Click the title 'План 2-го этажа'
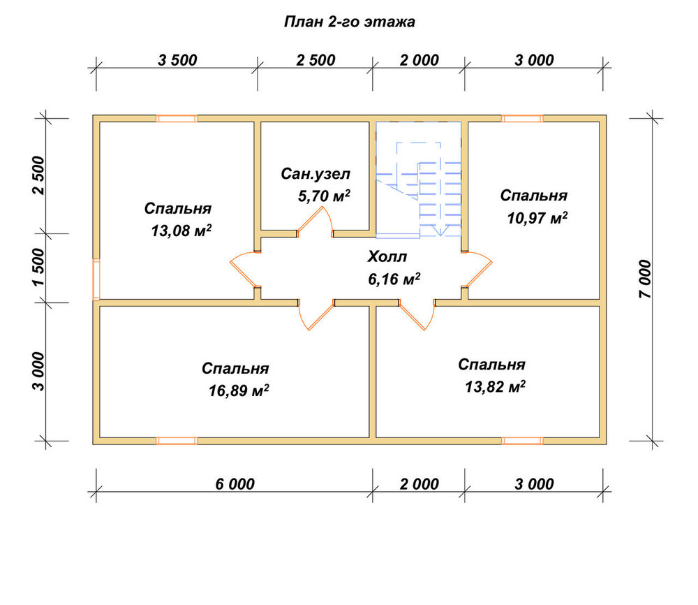(350, 22)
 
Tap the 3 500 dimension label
(177, 60)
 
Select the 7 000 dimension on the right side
(645, 279)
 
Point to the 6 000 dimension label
(235, 484)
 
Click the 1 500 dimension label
(38, 268)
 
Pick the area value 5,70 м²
(324, 196)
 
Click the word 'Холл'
(387, 257)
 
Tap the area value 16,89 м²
(239, 391)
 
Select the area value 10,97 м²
(537, 218)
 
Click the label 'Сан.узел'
(315, 174)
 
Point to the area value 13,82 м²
(495, 387)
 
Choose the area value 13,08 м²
(181, 231)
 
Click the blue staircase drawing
(418, 178)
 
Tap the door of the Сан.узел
(315, 221)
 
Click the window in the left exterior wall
(96, 279)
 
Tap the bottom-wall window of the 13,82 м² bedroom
(522, 441)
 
